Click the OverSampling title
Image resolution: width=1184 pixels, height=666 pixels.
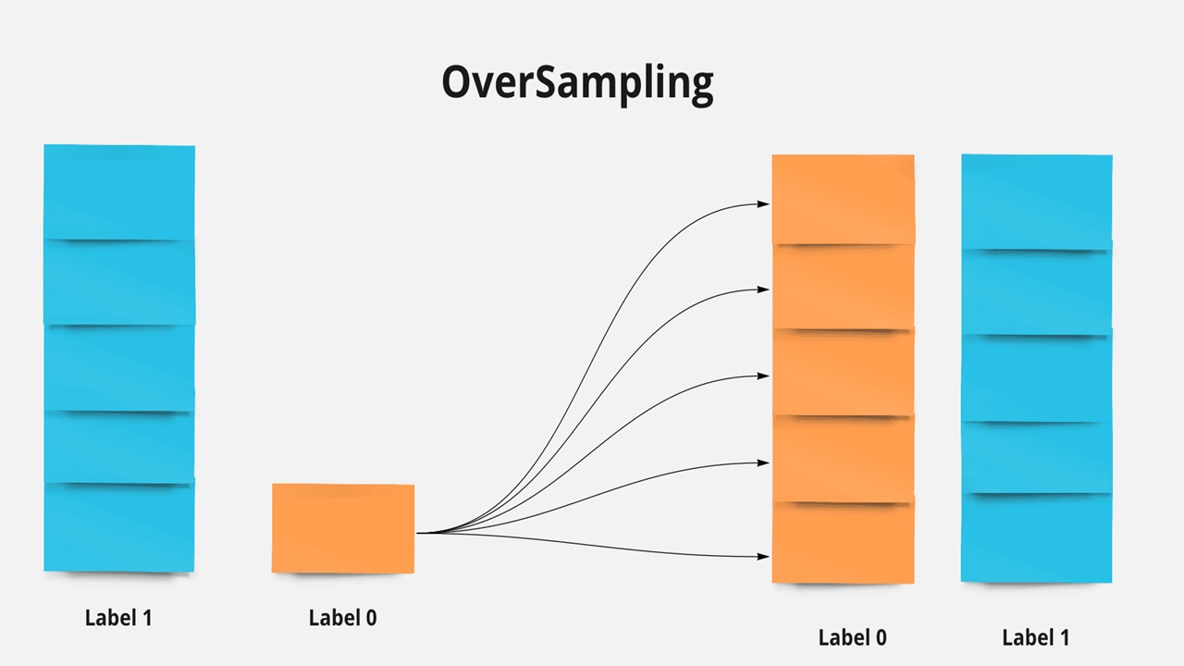577,83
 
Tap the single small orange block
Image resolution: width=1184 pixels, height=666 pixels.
343,528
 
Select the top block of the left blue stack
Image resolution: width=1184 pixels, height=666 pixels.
119,191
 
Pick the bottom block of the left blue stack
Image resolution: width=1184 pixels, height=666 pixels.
119,527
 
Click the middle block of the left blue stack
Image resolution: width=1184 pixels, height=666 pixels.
119,368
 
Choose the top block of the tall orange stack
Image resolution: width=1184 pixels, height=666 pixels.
843,199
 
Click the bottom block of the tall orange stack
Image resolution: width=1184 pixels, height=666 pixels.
843,543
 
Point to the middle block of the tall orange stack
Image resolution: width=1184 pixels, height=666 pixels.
843,373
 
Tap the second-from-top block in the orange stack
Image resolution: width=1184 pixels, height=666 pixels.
843,287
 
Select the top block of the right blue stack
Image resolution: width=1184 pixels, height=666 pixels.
1036,202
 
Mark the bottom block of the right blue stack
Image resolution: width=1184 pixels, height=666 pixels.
1036,537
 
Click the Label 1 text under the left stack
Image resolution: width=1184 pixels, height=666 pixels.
118,618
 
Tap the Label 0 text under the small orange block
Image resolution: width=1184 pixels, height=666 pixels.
342,618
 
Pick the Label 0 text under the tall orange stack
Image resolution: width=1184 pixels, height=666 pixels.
852,637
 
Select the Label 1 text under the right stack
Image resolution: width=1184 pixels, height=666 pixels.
1036,637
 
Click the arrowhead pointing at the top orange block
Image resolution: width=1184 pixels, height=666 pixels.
764,203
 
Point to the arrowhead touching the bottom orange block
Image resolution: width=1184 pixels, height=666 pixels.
764,557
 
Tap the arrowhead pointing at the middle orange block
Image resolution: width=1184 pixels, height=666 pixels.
764,376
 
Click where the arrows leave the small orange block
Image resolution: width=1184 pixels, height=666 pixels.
419,533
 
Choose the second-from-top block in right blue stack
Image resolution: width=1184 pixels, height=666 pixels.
1036,292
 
